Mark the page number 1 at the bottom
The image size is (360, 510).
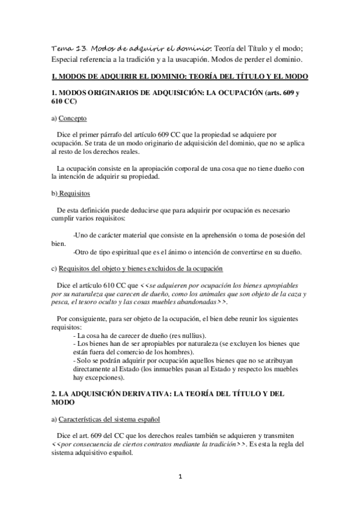coord(180,476)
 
